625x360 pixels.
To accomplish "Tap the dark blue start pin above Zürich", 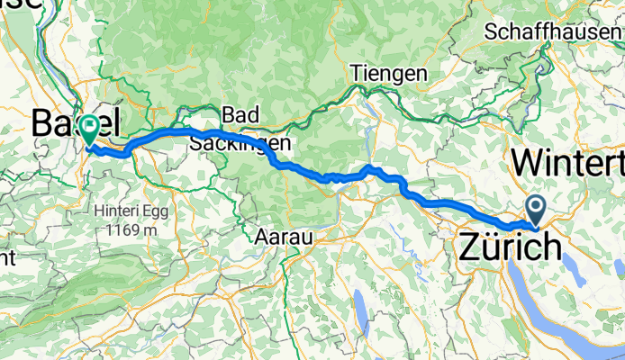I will coord(536,211).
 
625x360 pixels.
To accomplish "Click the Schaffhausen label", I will coord(552,31).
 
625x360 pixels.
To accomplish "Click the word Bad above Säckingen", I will coord(240,114).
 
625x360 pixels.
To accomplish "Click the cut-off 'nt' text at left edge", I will coord(7,258).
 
